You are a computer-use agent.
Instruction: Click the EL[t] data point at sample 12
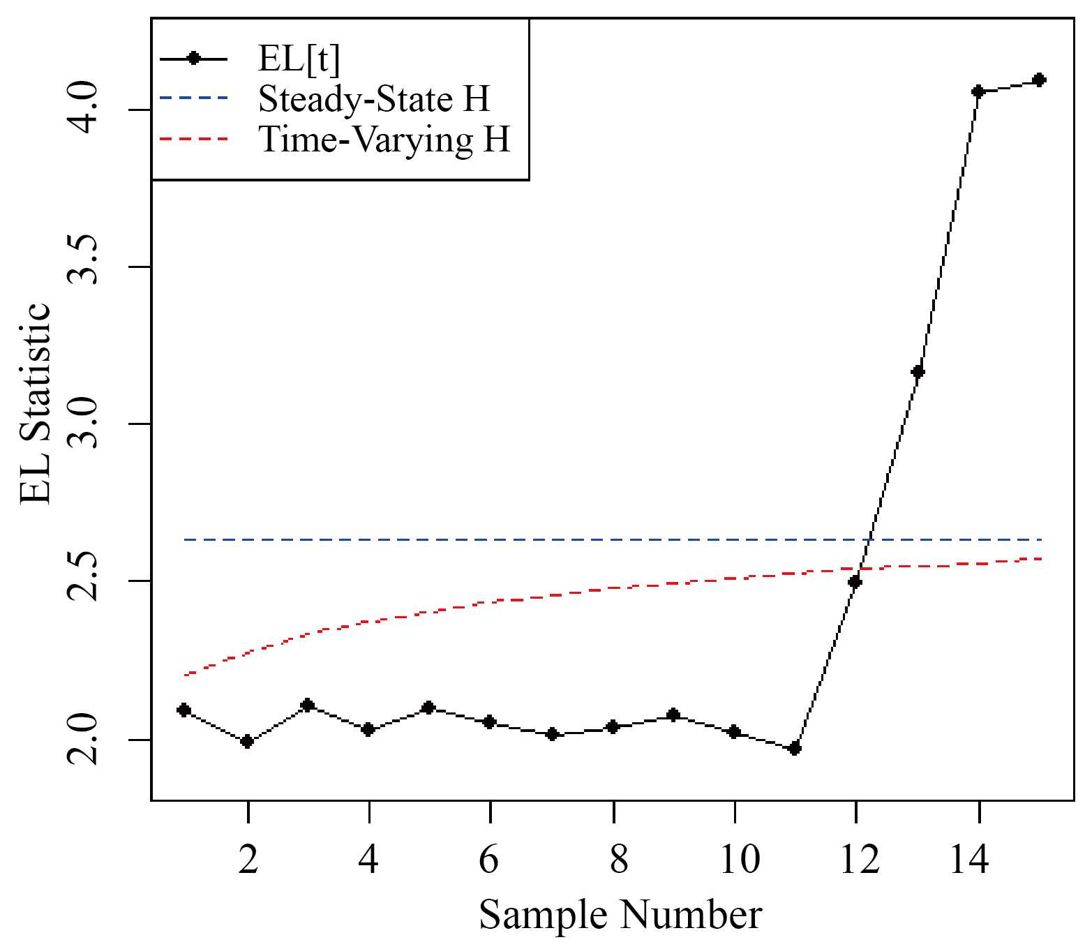(855, 581)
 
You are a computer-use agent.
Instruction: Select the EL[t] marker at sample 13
(918, 371)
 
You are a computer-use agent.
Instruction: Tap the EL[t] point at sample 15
(1039, 80)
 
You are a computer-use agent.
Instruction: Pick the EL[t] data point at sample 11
(794, 749)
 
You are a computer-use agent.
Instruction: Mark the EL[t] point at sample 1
(184, 710)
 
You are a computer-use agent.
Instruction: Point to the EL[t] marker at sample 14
(978, 91)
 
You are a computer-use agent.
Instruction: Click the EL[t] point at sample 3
(307, 705)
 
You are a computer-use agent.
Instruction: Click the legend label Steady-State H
(374, 100)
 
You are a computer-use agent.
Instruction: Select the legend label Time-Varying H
(384, 140)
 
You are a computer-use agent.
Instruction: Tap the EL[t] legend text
(299, 60)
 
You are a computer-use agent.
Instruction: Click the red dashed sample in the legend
(194, 140)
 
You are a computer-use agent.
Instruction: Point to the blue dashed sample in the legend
(194, 99)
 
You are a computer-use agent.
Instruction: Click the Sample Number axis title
(620, 915)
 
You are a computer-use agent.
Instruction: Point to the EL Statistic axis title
(35, 403)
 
